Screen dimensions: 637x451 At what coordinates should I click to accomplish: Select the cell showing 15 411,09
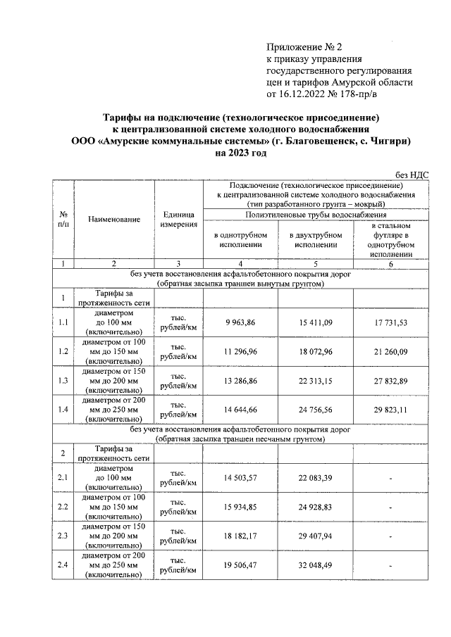tap(314, 322)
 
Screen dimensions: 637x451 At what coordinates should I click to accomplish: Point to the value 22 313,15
tap(314, 381)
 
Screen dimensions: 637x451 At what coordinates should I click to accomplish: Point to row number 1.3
tap(63, 381)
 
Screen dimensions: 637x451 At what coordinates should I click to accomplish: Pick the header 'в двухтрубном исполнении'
tap(314, 239)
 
